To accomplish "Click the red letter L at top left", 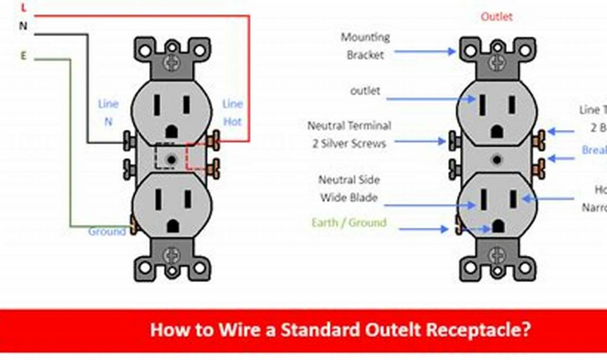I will pos(24,8).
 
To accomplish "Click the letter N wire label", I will pos(23,27).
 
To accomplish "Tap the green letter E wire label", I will pos(23,56).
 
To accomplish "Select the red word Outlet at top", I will pos(496,17).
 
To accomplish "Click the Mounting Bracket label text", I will pos(365,46).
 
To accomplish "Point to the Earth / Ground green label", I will pos(349,223).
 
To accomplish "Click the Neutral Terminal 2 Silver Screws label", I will pos(349,134).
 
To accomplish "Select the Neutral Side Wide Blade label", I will pos(349,189).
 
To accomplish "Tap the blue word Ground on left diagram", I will pos(107,231).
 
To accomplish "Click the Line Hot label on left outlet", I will pos(232,112).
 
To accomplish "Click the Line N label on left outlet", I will pos(108,112).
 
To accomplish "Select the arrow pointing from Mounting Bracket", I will pos(424,52).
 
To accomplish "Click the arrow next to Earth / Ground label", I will pos(424,229).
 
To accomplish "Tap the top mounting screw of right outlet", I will pos(496,59).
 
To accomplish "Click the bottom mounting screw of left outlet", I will pos(172,255).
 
